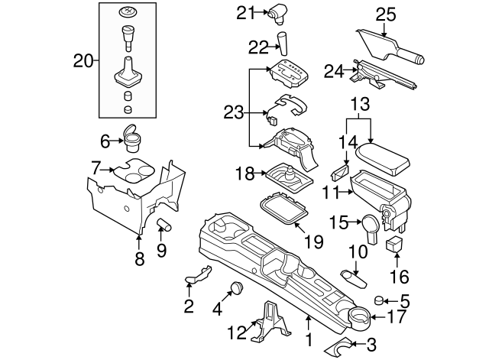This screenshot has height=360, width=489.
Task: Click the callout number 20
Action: [x=83, y=59]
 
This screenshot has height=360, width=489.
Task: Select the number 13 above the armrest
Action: [x=360, y=103]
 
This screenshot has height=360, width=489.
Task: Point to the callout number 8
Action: [x=138, y=259]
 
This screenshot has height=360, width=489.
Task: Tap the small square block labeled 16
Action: [x=396, y=245]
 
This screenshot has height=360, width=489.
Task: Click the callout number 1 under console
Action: [x=309, y=338]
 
